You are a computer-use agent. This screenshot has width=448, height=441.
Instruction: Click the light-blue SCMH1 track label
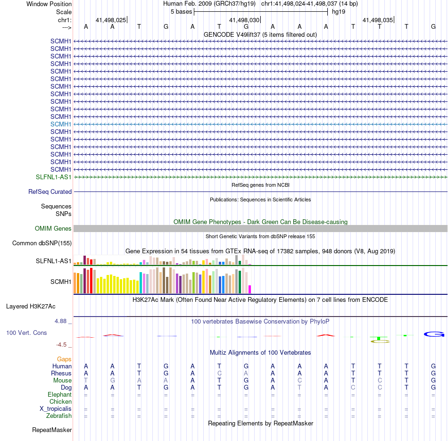point(61,124)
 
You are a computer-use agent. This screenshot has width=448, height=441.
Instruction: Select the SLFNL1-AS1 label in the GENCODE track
point(54,177)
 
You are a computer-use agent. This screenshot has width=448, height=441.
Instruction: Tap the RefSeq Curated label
point(50,192)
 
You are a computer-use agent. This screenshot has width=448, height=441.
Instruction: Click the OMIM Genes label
point(53,229)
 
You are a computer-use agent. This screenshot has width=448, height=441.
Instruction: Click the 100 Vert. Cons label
point(26,333)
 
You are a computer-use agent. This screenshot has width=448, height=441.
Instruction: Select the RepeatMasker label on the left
point(52,430)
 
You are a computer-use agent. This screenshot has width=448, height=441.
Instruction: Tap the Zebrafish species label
point(59,416)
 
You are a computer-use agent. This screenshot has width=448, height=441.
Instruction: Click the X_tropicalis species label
point(56,409)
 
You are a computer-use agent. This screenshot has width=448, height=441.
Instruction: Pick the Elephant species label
point(59,395)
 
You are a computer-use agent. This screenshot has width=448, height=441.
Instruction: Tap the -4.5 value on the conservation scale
point(64,345)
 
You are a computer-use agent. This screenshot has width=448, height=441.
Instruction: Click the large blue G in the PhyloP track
point(434,334)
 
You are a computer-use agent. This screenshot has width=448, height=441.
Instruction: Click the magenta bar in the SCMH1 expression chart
point(250,289)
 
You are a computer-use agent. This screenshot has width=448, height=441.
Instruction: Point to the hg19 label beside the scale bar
point(338,12)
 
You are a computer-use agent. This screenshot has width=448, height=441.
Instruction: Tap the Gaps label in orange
point(64,359)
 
